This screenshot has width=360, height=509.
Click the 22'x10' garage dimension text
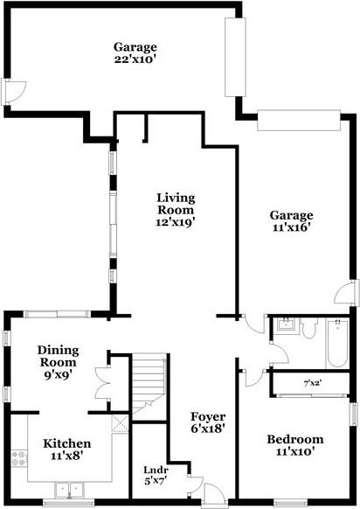[134, 61]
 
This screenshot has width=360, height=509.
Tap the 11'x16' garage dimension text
[291, 229]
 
